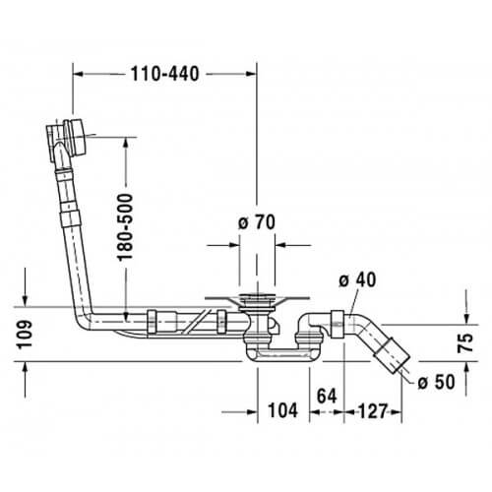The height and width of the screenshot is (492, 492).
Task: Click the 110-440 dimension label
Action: (165, 74)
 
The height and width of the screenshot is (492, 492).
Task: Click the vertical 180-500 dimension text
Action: (126, 227)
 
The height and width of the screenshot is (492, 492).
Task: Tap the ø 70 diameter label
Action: (257, 222)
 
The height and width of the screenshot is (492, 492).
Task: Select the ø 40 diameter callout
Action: (357, 280)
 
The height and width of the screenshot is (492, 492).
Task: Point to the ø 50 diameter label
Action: (437, 382)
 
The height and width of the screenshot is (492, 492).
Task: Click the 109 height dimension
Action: (25, 335)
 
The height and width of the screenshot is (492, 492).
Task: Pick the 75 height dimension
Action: (465, 342)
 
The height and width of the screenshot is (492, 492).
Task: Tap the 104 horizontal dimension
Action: (283, 410)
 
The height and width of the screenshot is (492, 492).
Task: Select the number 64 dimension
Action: (327, 396)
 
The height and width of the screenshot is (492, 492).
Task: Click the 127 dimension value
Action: (373, 411)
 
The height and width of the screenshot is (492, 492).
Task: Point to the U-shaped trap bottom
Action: (281, 355)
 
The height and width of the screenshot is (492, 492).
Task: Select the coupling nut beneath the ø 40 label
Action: (338, 324)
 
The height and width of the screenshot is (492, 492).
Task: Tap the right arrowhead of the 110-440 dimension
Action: (251, 74)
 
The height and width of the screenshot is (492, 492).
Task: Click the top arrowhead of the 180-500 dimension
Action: (126, 144)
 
